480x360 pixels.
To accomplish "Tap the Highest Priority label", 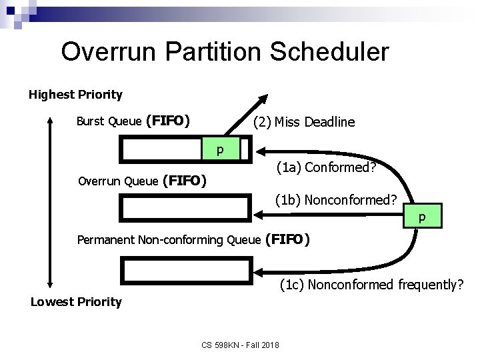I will click(x=75, y=95).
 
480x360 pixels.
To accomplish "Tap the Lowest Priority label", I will click(x=76, y=302).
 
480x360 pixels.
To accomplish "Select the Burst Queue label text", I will click(x=133, y=121).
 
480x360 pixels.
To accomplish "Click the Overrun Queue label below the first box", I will click(x=142, y=181).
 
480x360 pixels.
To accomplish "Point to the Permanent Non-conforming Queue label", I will click(x=193, y=239).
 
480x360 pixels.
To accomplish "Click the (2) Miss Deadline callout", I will click(x=304, y=122).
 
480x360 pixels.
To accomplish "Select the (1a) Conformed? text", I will click(x=327, y=170).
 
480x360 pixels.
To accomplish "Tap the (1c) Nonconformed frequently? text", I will click(x=371, y=286).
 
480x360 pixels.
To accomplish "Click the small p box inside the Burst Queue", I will click(x=219, y=149).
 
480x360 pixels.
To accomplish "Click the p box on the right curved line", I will click(x=421, y=217).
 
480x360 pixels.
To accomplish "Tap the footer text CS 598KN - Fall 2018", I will click(x=241, y=345).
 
